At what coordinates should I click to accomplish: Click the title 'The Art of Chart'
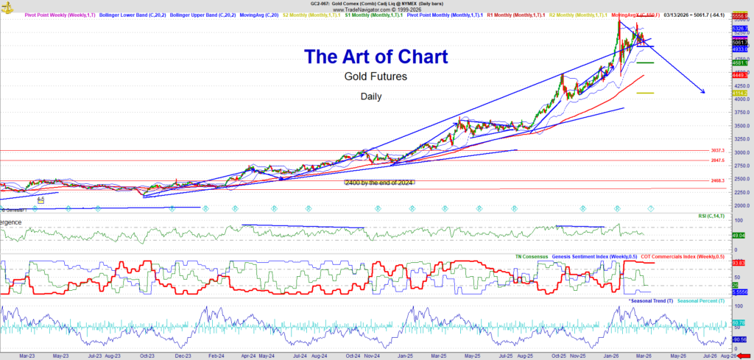point(376,56)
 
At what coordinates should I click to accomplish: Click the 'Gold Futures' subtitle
point(376,77)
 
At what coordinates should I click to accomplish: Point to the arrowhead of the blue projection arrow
point(703,91)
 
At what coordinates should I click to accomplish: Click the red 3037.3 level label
point(719,150)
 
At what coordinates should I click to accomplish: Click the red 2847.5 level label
point(719,160)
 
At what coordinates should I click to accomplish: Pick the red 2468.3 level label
point(719,180)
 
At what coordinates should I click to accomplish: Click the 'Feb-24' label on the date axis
point(216,355)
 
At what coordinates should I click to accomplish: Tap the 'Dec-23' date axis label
point(183,355)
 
